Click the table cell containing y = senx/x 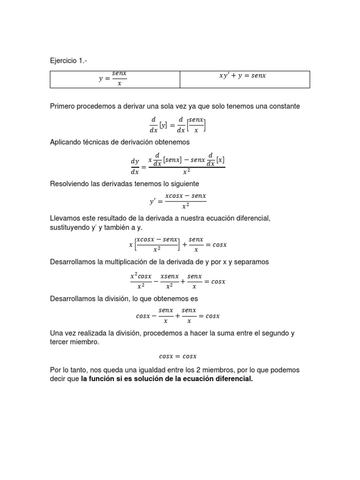point(115,79)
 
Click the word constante point(282,106)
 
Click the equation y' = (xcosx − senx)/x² point(178,201)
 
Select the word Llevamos point(66,218)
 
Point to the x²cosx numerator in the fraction point(141,277)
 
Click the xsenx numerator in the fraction point(169,277)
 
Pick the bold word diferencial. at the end point(233,379)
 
